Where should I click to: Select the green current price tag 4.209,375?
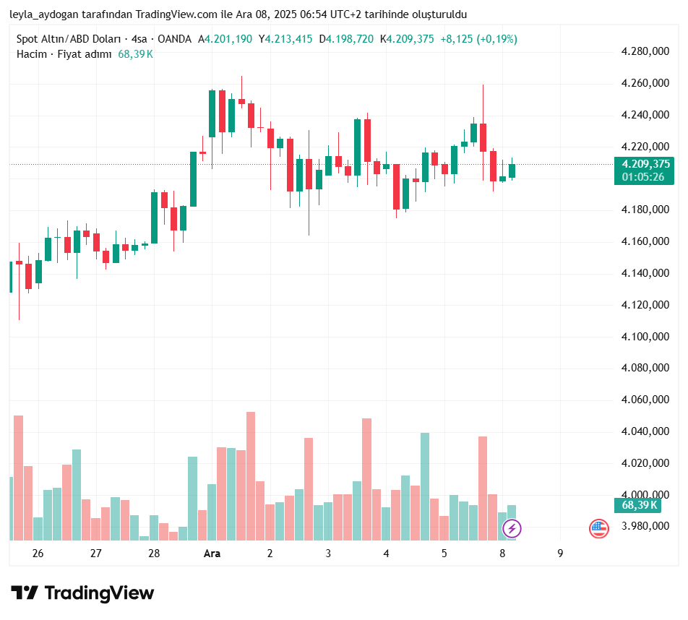click(x=644, y=164)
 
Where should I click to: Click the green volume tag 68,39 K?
click(x=640, y=505)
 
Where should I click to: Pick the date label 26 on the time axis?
click(x=38, y=554)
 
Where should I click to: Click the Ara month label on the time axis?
click(x=212, y=554)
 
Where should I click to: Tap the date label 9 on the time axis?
click(x=560, y=554)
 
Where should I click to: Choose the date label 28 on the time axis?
click(x=154, y=554)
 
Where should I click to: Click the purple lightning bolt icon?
click(x=512, y=529)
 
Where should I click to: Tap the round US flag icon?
click(x=598, y=529)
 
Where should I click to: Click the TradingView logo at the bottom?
click(x=82, y=593)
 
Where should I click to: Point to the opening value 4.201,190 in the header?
click(x=228, y=39)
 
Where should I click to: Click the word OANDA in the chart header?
click(x=175, y=39)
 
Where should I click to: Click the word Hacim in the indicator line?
click(x=31, y=54)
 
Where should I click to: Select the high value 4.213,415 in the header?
click(x=289, y=39)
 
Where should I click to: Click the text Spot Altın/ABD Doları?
click(x=68, y=39)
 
